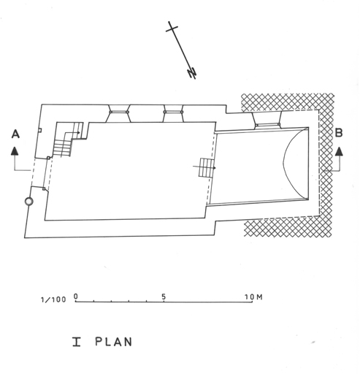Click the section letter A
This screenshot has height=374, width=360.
tap(15, 134)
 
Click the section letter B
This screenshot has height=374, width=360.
tap(339, 133)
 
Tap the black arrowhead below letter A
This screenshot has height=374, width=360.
tap(15, 151)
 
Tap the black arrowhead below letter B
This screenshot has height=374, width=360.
tap(339, 151)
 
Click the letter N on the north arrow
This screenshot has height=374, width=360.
tap(192, 73)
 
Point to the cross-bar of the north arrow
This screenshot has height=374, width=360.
tap(172, 28)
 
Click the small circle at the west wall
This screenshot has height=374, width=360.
tap(29, 202)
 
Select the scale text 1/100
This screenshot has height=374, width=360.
tap(53, 299)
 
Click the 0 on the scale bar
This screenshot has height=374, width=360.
tap(76, 297)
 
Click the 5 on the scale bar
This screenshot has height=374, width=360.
tap(164, 297)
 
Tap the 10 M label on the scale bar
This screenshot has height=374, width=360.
tap(253, 297)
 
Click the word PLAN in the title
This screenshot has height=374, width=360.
tap(113, 342)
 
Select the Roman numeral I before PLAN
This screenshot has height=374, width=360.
tap(77, 342)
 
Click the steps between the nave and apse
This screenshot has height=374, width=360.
tap(207, 168)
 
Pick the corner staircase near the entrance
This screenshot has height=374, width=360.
tap(68, 140)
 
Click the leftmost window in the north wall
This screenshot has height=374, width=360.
tap(119, 113)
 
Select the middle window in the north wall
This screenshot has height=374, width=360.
tap(173, 113)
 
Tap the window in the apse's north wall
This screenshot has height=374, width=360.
tap(267, 120)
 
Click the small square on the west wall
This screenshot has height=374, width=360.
tap(40, 131)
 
